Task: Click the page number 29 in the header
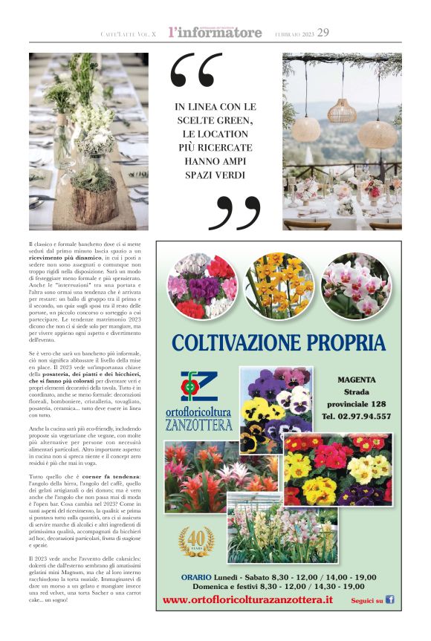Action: click(x=323, y=32)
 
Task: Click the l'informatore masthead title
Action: click(x=215, y=32)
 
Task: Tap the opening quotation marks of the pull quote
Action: click(x=195, y=70)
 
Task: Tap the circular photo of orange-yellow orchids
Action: click(x=276, y=284)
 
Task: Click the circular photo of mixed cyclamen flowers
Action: click(x=198, y=286)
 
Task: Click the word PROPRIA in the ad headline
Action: click(x=346, y=342)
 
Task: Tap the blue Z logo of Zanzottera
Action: click(x=198, y=386)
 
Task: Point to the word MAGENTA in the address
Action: click(x=356, y=380)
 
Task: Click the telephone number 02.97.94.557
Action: click(x=356, y=416)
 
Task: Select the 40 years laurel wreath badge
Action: click(x=196, y=541)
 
